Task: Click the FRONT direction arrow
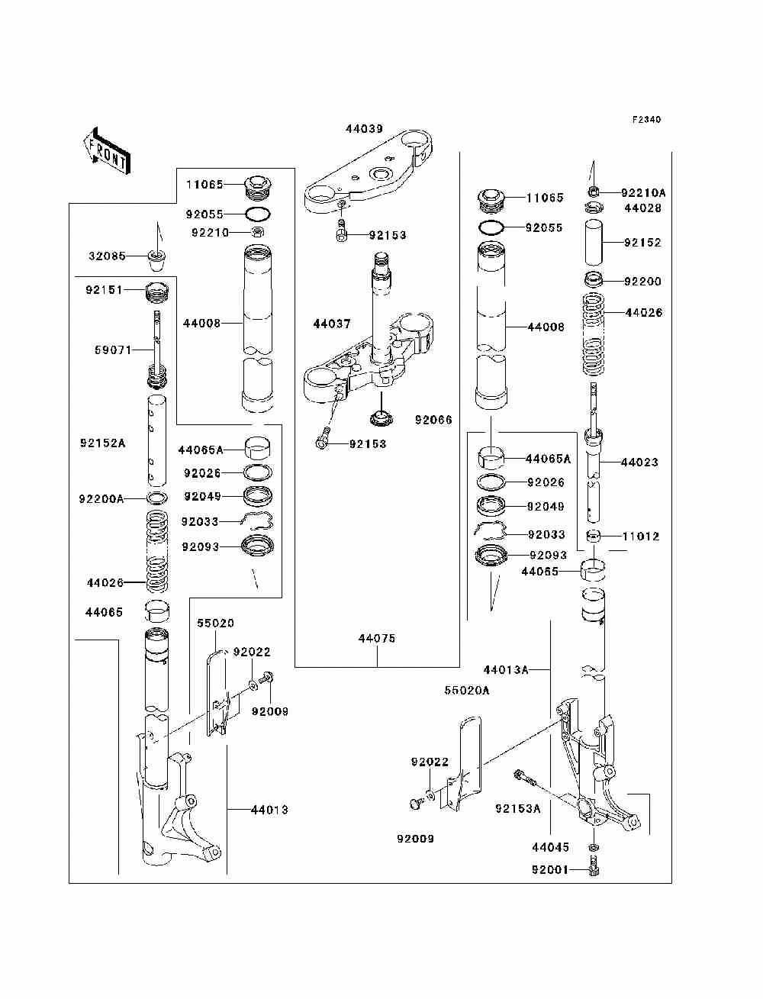click(107, 151)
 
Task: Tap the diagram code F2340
click(646, 120)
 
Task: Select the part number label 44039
click(365, 129)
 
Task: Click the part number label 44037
click(332, 324)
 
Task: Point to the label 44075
click(377, 639)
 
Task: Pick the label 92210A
click(643, 193)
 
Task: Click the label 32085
click(107, 256)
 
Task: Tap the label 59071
click(113, 350)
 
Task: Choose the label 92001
click(550, 870)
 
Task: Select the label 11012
click(641, 537)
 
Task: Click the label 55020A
click(467, 691)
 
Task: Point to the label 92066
click(433, 420)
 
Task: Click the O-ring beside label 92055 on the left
click(258, 214)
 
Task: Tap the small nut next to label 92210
click(258, 233)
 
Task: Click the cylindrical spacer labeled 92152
click(594, 242)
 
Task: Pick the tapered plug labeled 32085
click(157, 260)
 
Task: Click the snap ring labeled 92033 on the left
click(257, 521)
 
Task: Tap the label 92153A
click(518, 808)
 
